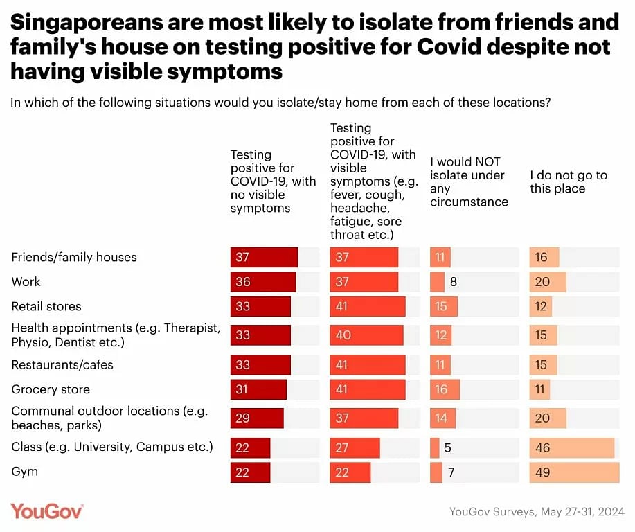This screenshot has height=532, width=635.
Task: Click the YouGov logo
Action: click(x=47, y=511)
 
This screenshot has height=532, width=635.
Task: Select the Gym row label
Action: click(x=25, y=472)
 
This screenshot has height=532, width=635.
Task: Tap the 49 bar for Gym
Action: click(x=574, y=472)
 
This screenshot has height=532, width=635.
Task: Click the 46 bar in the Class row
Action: click(x=571, y=447)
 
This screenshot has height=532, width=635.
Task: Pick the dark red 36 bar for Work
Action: click(x=262, y=282)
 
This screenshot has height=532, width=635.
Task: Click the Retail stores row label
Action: click(x=46, y=306)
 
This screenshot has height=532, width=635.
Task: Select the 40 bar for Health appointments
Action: click(x=366, y=335)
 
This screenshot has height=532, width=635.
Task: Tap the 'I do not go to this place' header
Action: click(x=569, y=181)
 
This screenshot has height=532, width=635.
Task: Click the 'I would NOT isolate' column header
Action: click(x=469, y=181)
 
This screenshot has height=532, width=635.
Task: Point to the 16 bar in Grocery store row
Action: click(x=444, y=389)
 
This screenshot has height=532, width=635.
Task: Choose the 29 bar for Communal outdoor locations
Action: click(x=256, y=418)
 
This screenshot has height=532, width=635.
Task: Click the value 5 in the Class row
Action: click(x=448, y=447)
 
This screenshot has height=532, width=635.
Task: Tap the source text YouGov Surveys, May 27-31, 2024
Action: click(x=537, y=511)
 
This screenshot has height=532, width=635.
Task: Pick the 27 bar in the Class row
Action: click(x=355, y=447)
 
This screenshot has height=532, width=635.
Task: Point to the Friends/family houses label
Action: click(x=74, y=257)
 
